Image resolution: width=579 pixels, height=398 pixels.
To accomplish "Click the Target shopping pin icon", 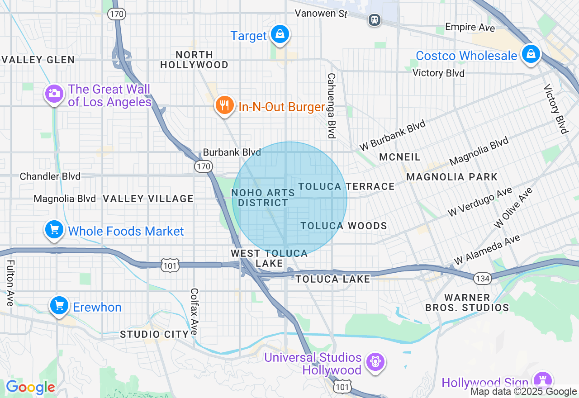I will (280, 34).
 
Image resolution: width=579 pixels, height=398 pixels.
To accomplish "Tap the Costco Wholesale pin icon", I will (531, 54).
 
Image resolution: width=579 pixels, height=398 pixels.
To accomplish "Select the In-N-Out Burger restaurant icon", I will (224, 105).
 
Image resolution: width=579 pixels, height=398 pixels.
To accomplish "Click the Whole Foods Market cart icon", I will (55, 230).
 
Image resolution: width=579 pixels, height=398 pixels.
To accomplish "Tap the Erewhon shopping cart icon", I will (59, 306).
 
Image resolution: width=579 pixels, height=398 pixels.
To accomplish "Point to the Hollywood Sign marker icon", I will (542, 379).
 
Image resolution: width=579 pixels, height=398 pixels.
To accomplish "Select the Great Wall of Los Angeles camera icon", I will (54, 94).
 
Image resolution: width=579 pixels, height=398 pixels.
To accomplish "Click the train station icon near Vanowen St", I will (375, 20).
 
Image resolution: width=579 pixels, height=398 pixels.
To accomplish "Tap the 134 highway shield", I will (483, 279).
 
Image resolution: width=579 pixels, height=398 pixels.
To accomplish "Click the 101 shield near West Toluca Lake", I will (170, 265).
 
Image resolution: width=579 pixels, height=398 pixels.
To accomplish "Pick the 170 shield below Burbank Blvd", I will (204, 166).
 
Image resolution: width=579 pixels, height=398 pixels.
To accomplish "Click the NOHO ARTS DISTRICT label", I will (263, 198).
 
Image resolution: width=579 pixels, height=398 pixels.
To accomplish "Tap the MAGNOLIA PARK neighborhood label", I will (451, 177).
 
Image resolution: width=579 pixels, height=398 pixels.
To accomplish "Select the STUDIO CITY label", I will (154, 334).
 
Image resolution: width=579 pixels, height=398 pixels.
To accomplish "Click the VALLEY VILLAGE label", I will (148, 199).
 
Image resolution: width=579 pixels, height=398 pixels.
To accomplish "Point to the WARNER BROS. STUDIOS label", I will (467, 303).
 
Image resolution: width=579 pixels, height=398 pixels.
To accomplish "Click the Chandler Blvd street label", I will (50, 176).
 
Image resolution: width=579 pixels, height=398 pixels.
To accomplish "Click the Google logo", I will (30, 387).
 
